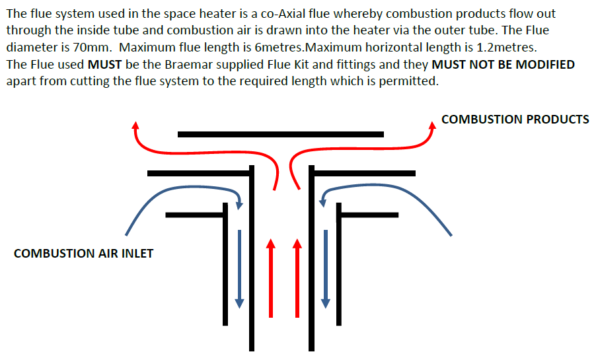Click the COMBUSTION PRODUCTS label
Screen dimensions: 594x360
(515, 120)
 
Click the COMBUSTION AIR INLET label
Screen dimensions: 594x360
(83, 253)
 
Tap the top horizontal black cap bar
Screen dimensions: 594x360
(280, 134)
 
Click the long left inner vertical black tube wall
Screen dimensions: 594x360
(252, 264)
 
